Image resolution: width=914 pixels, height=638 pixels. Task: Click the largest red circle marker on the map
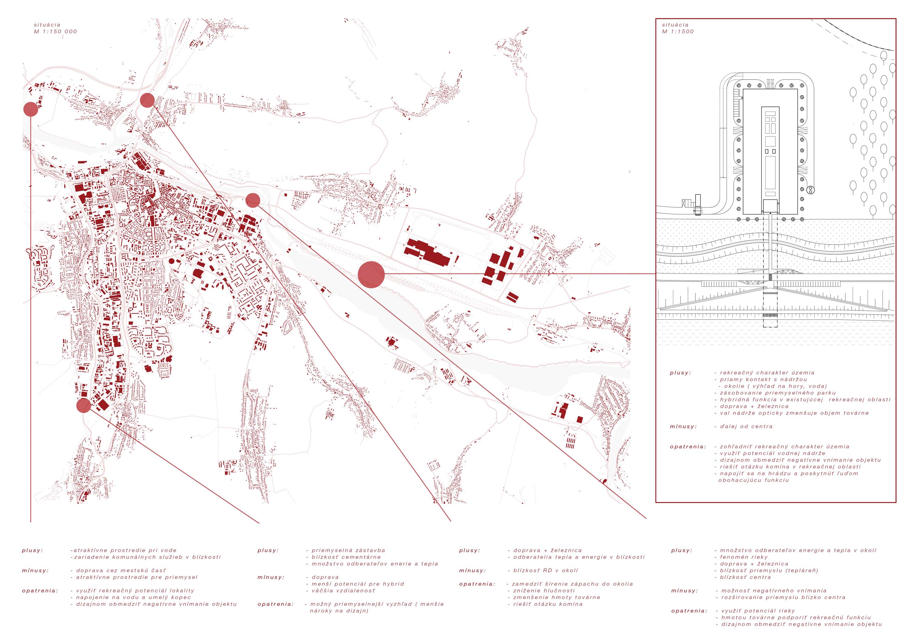[x=371, y=274]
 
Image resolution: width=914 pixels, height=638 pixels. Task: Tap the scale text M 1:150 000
[x=55, y=31]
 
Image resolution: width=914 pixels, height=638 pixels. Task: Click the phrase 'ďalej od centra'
[x=746, y=426]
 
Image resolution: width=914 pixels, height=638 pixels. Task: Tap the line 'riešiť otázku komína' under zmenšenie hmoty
[x=548, y=604]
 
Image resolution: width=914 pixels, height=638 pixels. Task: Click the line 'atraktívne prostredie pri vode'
[x=123, y=551]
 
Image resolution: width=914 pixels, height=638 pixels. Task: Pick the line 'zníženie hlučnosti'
[x=544, y=591]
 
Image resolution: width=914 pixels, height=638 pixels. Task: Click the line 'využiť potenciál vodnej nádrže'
[x=772, y=453]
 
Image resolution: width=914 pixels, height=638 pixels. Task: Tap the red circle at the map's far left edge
[x=31, y=109]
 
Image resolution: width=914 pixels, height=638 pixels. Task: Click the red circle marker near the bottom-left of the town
[x=83, y=406]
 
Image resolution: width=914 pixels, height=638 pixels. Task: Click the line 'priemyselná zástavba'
[x=348, y=551]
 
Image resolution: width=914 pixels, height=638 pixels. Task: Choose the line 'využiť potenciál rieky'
[x=758, y=611]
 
